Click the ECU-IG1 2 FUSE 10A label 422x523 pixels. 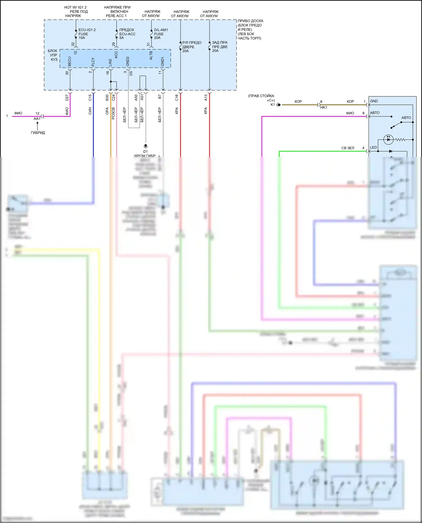(x=87, y=34)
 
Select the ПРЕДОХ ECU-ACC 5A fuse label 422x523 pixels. (x=127, y=34)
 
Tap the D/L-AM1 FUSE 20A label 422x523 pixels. (x=161, y=34)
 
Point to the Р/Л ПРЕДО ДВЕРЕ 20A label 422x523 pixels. (x=192, y=47)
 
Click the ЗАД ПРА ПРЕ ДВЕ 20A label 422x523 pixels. (x=220, y=47)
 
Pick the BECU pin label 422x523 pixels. (x=70, y=62)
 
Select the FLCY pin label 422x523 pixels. (x=93, y=62)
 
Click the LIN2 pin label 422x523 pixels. (x=110, y=62)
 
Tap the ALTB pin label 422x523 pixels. (x=151, y=55)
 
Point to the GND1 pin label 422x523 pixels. (x=163, y=62)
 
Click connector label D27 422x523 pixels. (x=67, y=98)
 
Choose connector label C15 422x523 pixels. (x=90, y=98)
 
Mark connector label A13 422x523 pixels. (x=206, y=98)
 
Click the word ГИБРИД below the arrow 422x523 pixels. (x=38, y=133)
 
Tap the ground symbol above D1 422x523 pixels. (x=145, y=146)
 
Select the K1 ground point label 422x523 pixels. (x=273, y=105)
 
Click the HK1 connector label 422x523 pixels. (x=324, y=108)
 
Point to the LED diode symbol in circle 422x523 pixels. (x=388, y=139)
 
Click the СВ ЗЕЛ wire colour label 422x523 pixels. (x=348, y=148)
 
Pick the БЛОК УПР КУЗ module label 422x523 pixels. (x=53, y=55)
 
